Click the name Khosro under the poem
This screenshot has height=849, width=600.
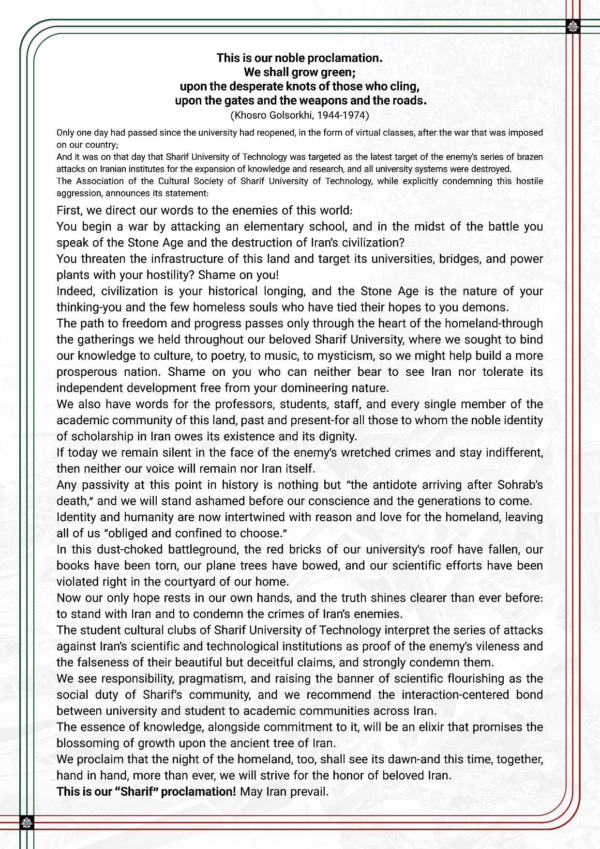tap(249, 115)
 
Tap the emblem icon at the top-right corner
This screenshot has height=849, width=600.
tap(572, 27)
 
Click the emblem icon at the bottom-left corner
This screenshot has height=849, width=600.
tap(27, 822)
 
